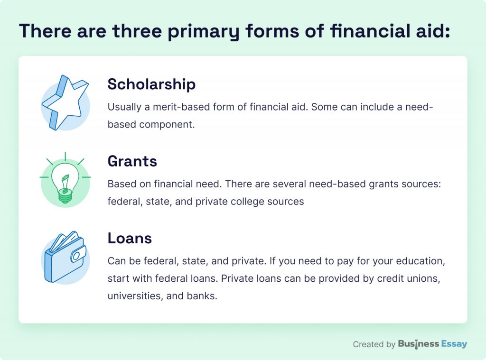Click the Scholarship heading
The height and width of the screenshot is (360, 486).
coord(151,84)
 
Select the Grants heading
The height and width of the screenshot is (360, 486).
coord(132,161)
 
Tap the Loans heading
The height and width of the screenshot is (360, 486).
coord(130,238)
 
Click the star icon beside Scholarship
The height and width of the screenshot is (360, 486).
coord(65,102)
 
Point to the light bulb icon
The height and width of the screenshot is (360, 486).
coord(65,180)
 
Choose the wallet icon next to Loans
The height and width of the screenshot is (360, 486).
coord(65,257)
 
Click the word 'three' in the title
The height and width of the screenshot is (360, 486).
coord(137,31)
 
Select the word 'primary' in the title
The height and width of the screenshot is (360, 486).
coord(204,32)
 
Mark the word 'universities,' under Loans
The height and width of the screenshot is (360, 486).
coord(135,296)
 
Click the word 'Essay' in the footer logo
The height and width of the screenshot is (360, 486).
coord(454,344)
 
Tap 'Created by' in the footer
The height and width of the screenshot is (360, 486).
coord(374,344)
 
